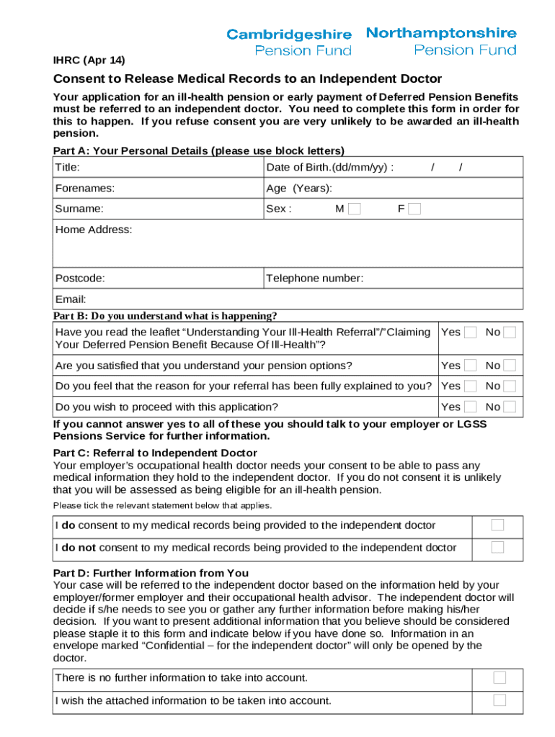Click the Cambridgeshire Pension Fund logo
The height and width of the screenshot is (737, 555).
[x=289, y=42]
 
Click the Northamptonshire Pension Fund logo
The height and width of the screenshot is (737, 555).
[x=441, y=41]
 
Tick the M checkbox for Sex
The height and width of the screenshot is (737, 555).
[x=354, y=209]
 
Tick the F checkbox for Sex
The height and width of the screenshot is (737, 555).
[x=414, y=209]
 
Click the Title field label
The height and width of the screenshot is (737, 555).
[x=68, y=168]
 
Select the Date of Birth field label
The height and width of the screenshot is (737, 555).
[x=329, y=168]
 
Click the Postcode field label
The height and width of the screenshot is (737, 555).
[x=80, y=278]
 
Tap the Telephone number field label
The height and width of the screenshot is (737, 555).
[x=315, y=278]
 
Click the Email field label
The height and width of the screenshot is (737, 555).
[x=71, y=299]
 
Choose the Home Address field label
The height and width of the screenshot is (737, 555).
[x=94, y=230]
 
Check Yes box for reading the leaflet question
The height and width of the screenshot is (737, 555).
[x=471, y=333]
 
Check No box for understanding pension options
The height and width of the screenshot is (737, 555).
[x=510, y=365]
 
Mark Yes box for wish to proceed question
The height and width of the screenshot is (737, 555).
[x=471, y=407]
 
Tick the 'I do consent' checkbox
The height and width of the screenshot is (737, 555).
[x=497, y=525]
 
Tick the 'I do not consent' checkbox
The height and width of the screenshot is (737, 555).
[x=497, y=547]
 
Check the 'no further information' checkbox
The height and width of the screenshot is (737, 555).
[x=499, y=677]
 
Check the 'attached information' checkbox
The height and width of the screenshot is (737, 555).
[x=499, y=700]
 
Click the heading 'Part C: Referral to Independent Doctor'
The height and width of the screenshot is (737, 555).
[x=155, y=453]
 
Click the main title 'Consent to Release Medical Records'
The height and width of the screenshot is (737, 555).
[x=247, y=78]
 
